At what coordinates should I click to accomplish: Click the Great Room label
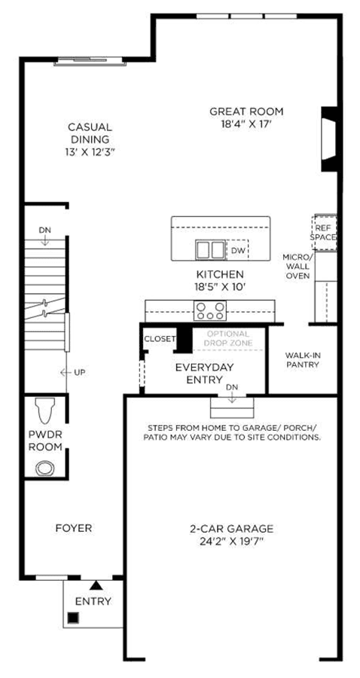246,111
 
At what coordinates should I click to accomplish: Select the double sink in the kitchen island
210,249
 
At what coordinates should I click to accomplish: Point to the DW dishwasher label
236,250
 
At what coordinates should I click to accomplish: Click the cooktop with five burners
210,311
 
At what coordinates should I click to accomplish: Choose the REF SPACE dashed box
325,232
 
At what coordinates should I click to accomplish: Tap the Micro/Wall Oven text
297,266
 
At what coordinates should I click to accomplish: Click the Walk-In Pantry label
302,360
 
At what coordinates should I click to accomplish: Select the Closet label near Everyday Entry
160,339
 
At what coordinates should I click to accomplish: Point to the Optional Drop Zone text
228,339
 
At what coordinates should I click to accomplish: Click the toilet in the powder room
45,410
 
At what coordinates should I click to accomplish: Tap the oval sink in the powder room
45,469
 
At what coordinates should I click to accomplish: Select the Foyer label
74,528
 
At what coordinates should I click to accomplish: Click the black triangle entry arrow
96,585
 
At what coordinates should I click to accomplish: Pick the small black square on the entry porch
74,618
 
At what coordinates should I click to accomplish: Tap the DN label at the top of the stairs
45,230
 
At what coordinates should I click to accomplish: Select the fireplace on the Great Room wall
329,139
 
